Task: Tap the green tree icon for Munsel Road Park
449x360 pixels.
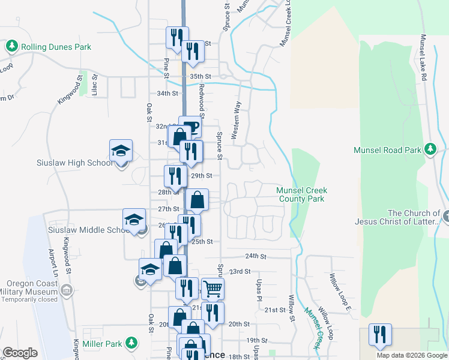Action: click(430, 150)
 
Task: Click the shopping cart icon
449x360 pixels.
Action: click(212, 289)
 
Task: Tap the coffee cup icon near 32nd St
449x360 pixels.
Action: click(191, 127)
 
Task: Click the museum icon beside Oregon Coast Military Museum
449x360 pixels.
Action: click(66, 292)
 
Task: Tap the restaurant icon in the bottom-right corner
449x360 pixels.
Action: click(379, 334)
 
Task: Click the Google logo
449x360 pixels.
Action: click(20, 353)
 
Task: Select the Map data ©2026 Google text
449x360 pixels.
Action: click(412, 355)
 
